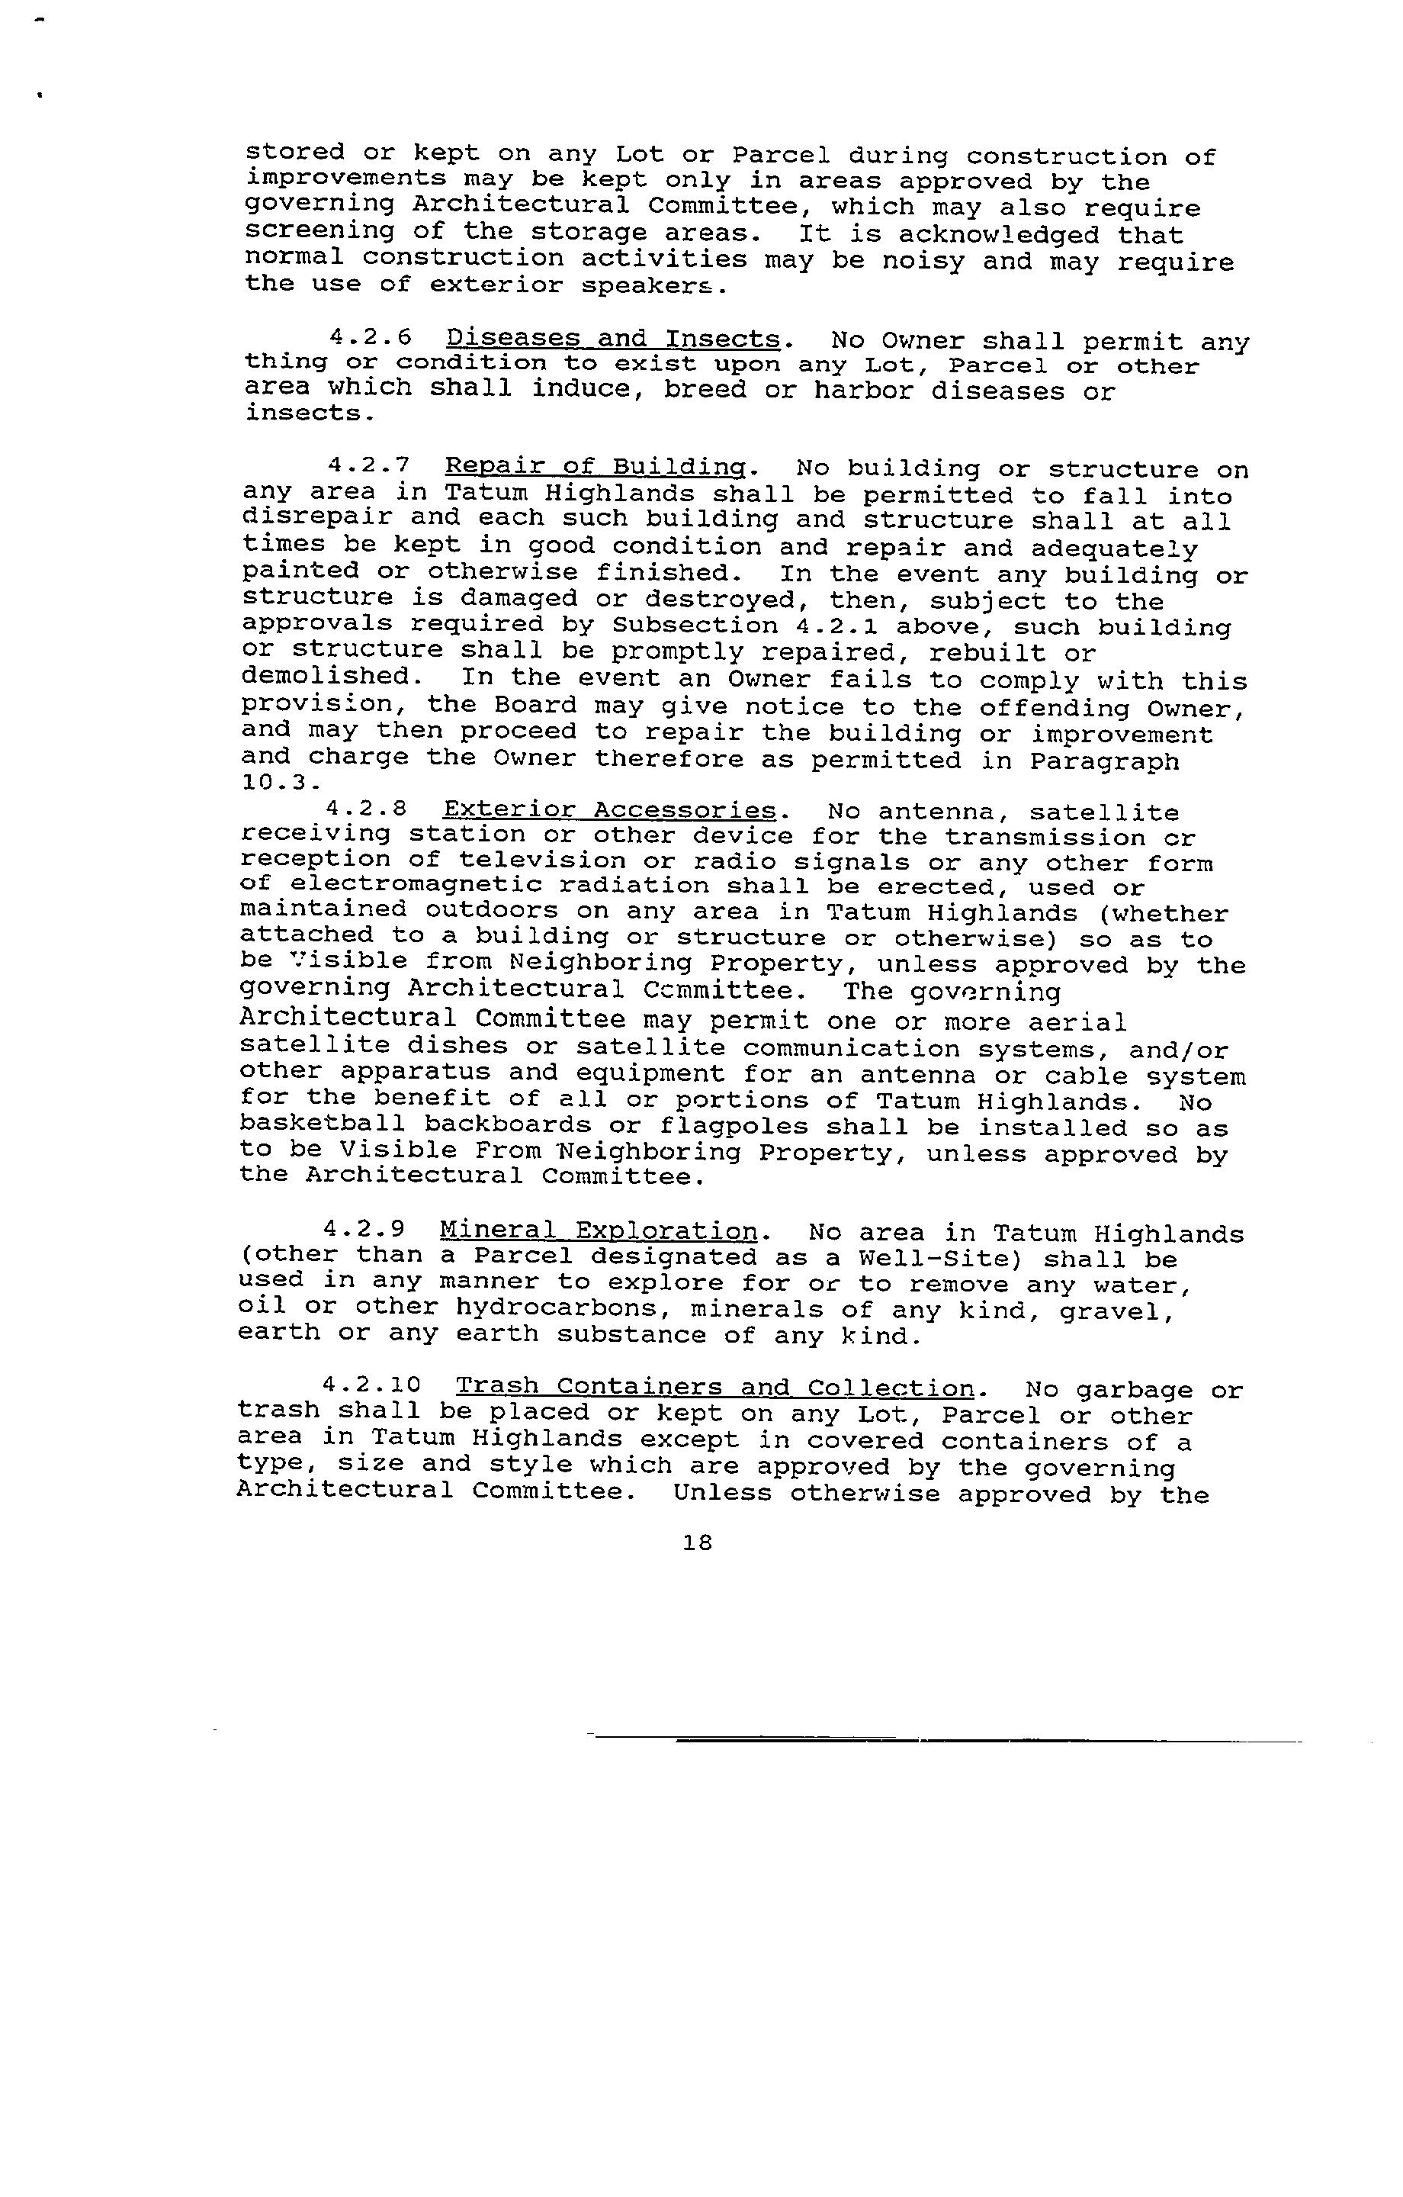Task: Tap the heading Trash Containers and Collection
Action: point(715,1388)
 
